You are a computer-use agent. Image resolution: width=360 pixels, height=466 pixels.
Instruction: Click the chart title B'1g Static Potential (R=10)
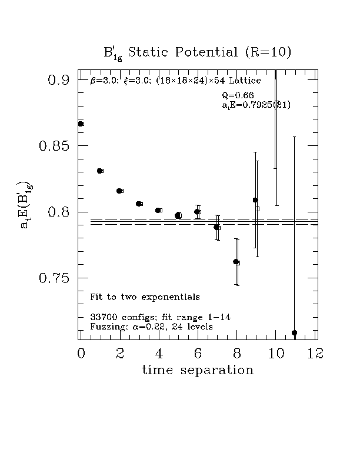click(197, 52)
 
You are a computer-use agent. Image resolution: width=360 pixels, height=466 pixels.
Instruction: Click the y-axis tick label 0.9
click(59, 80)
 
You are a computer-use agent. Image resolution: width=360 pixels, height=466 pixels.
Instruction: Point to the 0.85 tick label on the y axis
click(55, 146)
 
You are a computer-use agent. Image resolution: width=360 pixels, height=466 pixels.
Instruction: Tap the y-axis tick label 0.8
click(59, 212)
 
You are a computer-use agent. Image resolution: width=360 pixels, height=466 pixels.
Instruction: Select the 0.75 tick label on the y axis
click(55, 278)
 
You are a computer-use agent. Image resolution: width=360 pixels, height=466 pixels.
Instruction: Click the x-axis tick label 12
click(317, 353)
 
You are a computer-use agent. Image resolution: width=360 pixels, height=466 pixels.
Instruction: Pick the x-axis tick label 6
click(198, 353)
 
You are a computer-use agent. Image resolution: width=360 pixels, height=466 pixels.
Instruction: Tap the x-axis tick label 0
click(81, 353)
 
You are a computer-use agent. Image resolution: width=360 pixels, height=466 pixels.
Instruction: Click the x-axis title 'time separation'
click(198, 371)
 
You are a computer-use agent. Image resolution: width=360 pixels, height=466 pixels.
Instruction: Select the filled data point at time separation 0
click(81, 124)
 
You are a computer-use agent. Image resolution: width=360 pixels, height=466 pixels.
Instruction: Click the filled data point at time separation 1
click(99, 171)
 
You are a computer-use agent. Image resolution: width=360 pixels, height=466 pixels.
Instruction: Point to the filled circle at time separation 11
click(294, 333)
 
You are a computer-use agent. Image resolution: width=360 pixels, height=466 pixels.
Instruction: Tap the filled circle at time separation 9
click(255, 200)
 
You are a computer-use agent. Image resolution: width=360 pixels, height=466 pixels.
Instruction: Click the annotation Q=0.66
click(238, 95)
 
